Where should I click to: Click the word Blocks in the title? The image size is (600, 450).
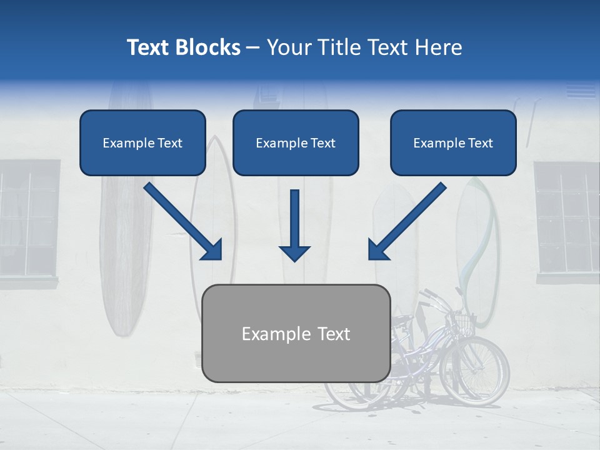tap(208, 47)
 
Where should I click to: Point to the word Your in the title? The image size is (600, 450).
tap(288, 47)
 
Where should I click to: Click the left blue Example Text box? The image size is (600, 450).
tap(142, 143)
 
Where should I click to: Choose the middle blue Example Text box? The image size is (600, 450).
tap(296, 143)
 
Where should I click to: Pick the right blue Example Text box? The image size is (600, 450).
tap(453, 143)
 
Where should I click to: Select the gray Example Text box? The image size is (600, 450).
tap(296, 334)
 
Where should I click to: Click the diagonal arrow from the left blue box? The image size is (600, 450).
tap(182, 221)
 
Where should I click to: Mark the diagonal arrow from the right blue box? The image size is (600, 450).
tap(407, 221)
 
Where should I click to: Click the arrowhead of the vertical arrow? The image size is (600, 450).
tap(294, 252)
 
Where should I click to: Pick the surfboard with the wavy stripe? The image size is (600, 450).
tap(478, 250)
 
